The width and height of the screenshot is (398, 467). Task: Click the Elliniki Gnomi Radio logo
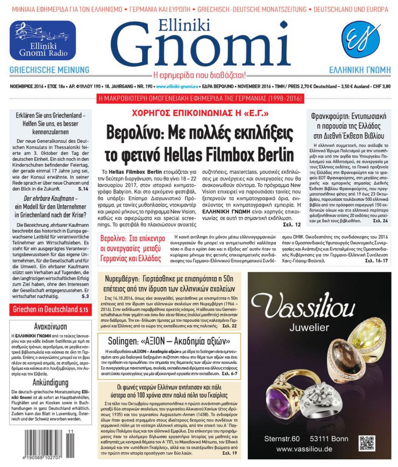click(x=43, y=41)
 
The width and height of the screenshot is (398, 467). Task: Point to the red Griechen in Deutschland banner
click(x=50, y=310)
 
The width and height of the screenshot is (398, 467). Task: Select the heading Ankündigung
click(x=50, y=383)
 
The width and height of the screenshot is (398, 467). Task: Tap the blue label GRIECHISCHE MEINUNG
click(x=50, y=70)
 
